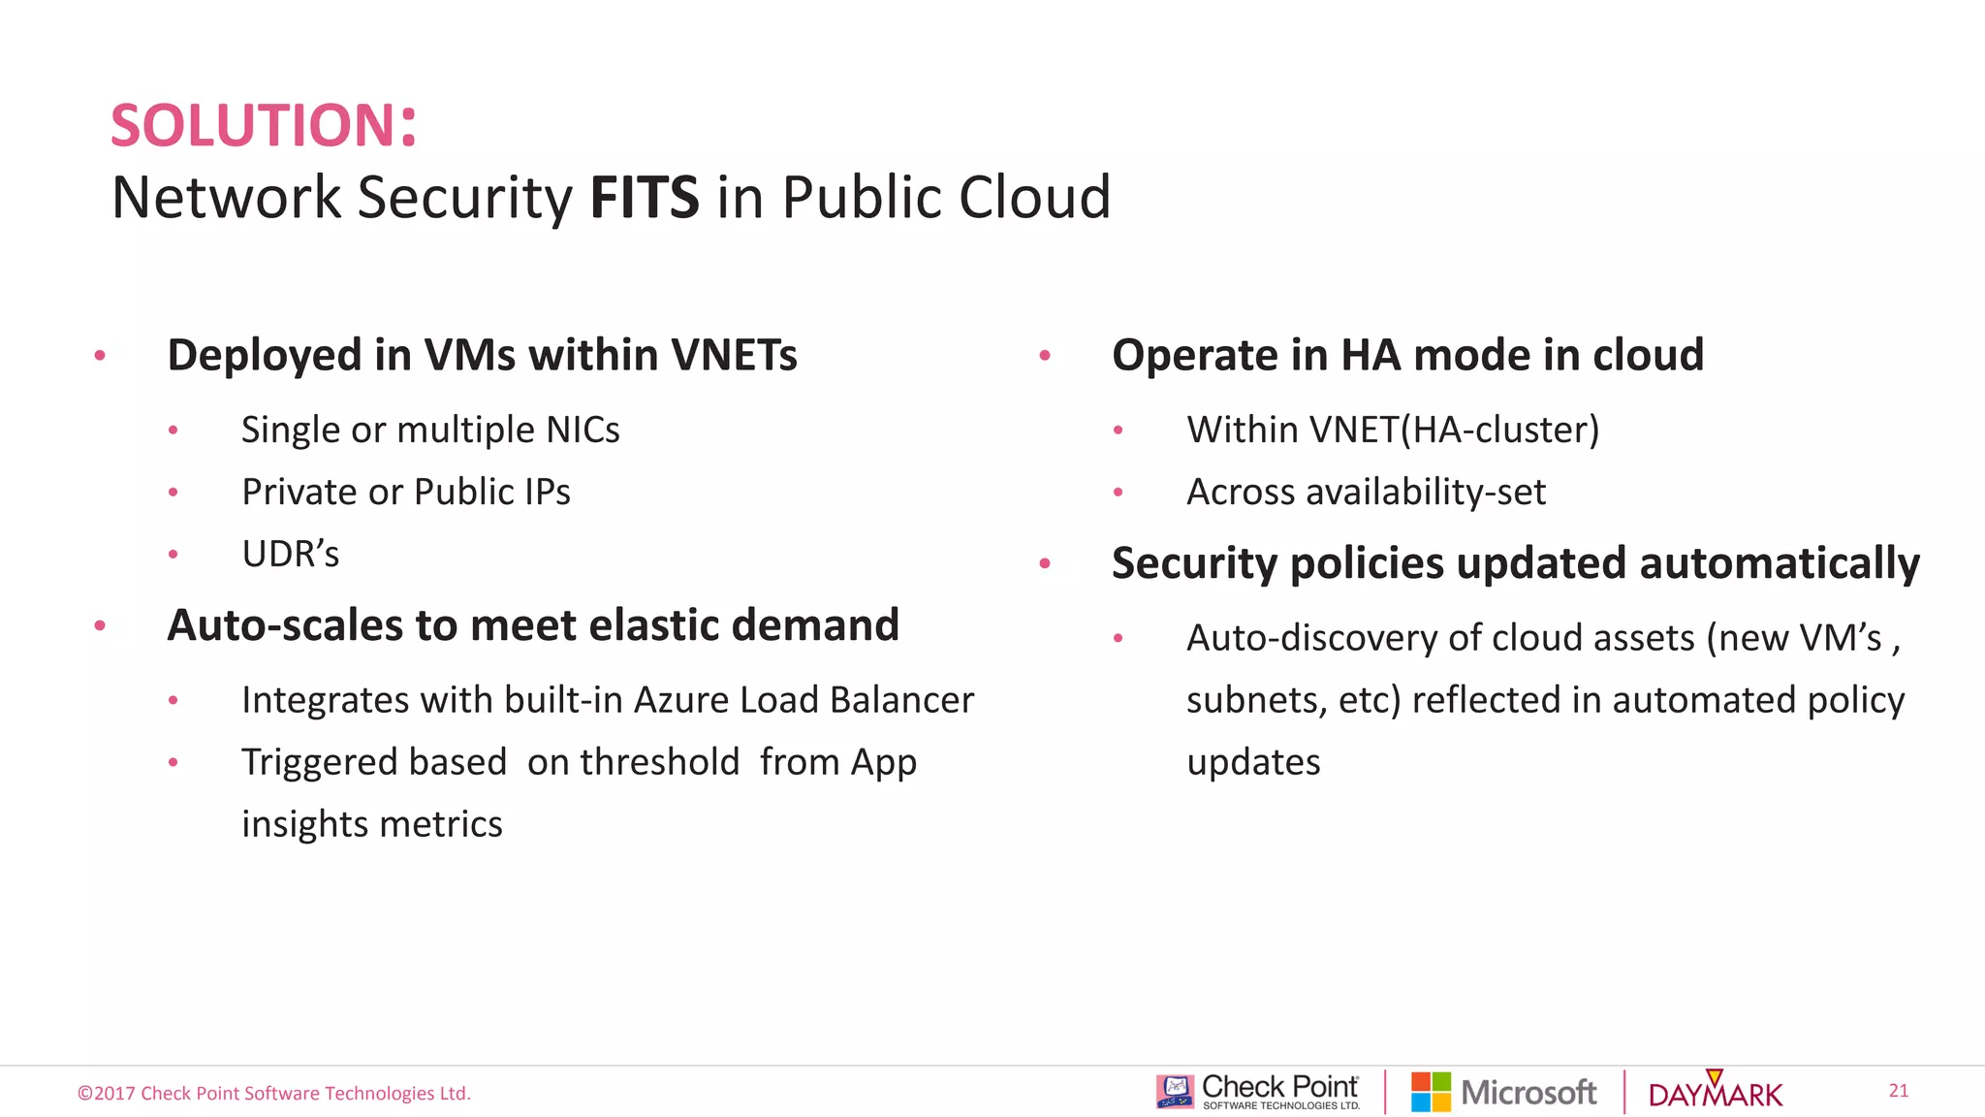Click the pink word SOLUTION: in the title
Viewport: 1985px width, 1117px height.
pos(264,126)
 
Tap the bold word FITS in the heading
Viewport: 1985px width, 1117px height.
pos(645,198)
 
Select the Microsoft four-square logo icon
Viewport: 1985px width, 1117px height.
pos(1431,1092)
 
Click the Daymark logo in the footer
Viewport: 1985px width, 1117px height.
pos(1716,1092)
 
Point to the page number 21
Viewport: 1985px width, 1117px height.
pos(1898,1091)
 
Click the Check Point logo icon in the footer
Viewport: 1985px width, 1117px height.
pos(1175,1092)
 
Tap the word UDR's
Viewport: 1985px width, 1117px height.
pos(290,555)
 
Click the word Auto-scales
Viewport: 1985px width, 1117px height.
pos(285,625)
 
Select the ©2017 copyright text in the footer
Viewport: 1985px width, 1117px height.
pos(274,1094)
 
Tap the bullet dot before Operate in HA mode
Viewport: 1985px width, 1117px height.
pos(1045,356)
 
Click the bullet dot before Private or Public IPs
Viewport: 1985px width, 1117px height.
pos(173,493)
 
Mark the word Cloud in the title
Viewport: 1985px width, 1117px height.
pos(1034,198)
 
